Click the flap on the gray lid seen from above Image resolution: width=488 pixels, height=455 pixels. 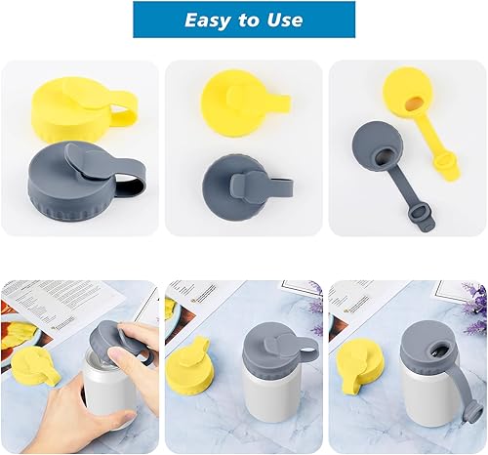tap(235, 182)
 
